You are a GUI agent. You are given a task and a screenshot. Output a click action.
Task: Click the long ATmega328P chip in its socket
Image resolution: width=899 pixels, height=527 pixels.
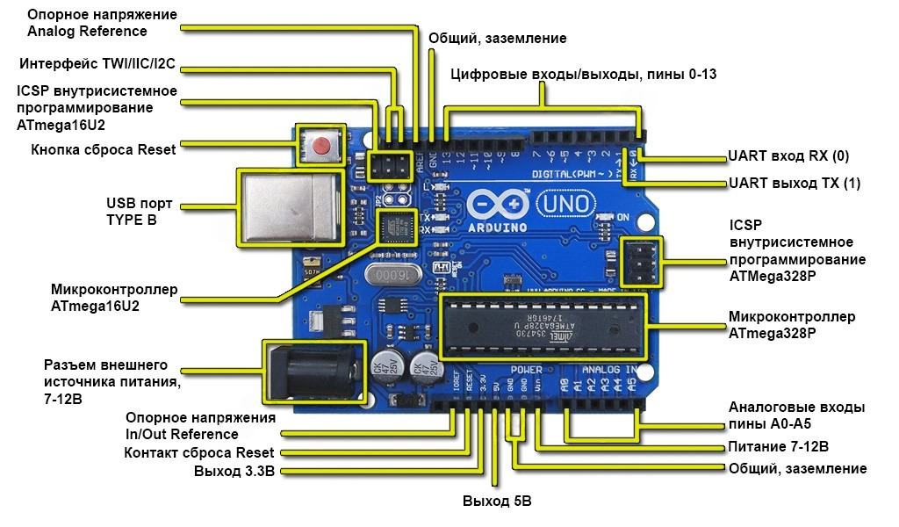[541, 327]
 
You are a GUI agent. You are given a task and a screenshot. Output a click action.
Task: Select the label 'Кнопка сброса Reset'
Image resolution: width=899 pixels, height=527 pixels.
[104, 149]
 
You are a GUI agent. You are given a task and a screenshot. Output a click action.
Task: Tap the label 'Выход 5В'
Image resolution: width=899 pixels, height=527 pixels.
[497, 502]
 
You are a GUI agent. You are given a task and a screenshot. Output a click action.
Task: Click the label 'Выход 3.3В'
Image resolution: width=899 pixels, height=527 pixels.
[234, 472]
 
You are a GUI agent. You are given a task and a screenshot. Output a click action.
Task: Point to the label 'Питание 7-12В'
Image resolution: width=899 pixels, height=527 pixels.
[778, 447]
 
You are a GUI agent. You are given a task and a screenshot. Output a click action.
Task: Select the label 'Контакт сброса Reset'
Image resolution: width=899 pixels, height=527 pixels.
[199, 452]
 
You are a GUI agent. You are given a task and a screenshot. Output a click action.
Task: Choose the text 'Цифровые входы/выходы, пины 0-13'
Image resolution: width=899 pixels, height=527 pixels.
[583, 74]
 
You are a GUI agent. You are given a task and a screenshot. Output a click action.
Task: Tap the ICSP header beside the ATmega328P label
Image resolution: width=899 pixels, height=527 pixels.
[637, 260]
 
